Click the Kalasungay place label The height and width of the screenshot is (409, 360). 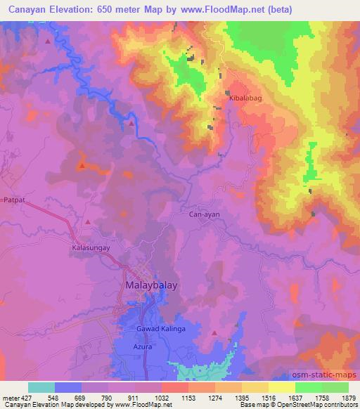(x=92, y=247)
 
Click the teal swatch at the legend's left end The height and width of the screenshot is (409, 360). (x=41, y=387)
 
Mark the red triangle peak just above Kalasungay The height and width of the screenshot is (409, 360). (x=88, y=222)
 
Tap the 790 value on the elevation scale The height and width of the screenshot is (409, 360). (x=108, y=396)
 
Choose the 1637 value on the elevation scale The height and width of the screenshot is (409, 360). (x=294, y=396)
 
